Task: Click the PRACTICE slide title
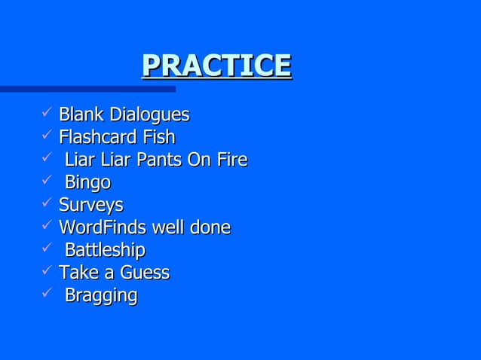pyautogui.click(x=216, y=66)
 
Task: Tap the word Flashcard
pyautogui.click(x=97, y=138)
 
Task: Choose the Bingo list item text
pyautogui.click(x=87, y=184)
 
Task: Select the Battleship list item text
pyautogui.click(x=105, y=250)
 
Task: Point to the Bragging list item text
pyautogui.click(x=101, y=296)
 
